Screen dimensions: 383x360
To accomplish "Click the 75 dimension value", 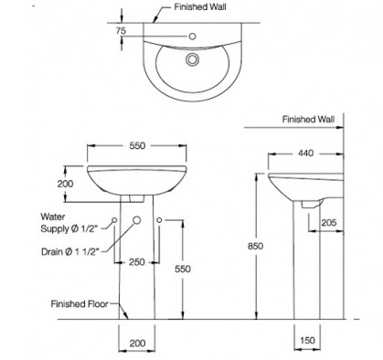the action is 121,30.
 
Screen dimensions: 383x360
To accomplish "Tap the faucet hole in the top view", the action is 192,37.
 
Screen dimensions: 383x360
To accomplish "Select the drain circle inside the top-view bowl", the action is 192,59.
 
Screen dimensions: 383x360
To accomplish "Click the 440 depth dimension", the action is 305,153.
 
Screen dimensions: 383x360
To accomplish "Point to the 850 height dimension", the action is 255,246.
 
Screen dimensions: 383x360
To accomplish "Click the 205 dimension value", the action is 329,223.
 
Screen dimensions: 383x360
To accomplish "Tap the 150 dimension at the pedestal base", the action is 307,340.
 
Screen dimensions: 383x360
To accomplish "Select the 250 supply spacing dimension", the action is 137,262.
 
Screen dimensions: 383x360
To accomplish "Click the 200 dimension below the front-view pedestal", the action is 137,344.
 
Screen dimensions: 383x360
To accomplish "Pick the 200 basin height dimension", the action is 65,184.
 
